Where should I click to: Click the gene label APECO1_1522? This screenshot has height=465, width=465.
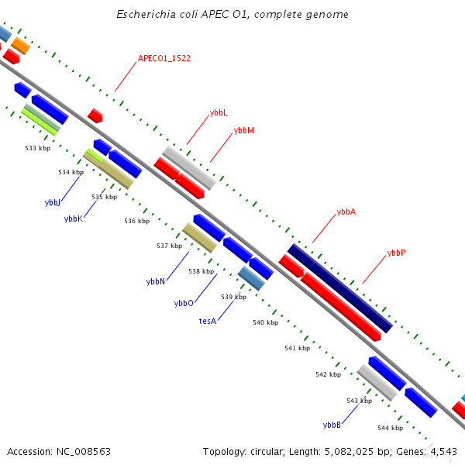164,58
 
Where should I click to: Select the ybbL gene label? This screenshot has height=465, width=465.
219,113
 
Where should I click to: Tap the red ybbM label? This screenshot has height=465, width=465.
243,131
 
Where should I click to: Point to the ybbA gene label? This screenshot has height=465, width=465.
346,212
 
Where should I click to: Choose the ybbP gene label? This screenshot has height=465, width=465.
396,253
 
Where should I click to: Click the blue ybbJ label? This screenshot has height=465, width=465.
53,202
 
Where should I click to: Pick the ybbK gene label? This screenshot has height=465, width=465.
73,219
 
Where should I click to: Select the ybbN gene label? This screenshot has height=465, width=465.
156,282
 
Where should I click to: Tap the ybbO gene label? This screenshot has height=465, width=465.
184,303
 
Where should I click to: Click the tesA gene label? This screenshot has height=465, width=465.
207,321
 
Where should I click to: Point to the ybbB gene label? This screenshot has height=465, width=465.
332,425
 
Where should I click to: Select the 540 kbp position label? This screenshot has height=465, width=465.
265,323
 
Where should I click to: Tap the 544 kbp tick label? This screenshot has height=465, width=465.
390,428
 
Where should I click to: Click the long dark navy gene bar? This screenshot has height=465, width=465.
340,288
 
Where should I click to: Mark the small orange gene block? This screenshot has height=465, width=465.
20,46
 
